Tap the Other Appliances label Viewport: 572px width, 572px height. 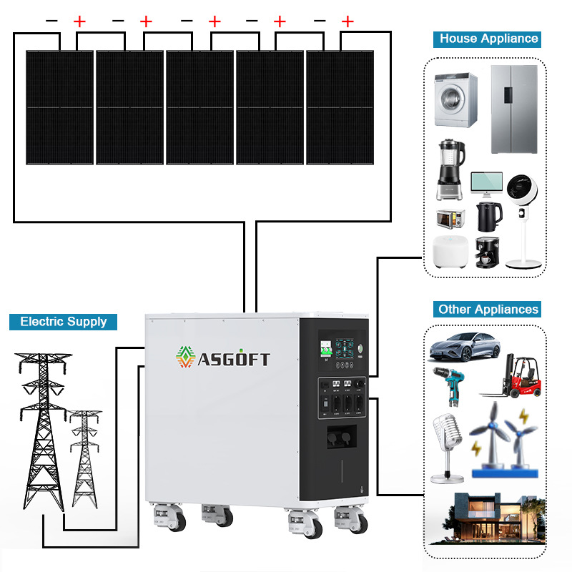click(488, 309)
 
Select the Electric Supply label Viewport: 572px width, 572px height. click(63, 321)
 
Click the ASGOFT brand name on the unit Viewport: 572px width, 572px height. click(234, 358)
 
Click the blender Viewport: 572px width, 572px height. click(450, 170)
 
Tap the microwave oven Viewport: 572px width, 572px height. click(451, 217)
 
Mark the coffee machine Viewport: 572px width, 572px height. click(487, 252)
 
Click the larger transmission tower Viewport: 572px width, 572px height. click(44, 429)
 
